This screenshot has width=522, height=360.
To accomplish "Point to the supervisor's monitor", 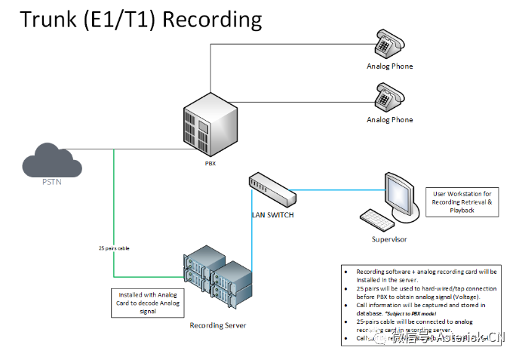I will point(402,193).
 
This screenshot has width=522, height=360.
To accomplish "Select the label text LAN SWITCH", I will point(272,215).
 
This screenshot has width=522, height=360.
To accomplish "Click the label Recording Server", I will point(217,326).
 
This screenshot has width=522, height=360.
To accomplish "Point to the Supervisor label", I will point(388,239).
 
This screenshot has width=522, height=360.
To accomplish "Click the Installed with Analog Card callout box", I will point(148,302).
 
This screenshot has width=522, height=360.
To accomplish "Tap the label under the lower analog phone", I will point(389,120).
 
